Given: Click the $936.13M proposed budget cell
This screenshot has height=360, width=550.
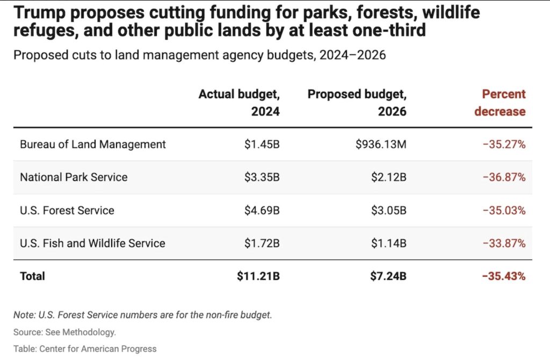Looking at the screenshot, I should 380,144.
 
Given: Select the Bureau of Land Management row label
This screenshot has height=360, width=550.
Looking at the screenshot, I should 93,144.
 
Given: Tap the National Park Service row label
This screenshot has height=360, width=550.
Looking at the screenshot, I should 74,177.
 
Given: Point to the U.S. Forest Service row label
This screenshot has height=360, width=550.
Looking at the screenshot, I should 67,210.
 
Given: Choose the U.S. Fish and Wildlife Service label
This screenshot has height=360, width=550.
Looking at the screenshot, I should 92,243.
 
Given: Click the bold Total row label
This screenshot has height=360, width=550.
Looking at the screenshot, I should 32,276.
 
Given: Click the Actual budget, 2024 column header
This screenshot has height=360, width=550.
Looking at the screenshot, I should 240,103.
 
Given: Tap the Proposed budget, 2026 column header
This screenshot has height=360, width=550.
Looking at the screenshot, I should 357,103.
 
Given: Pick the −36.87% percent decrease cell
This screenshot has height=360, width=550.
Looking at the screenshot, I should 503,177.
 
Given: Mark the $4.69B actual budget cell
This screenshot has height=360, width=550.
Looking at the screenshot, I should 262,210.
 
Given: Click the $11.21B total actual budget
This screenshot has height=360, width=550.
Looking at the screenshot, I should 258,276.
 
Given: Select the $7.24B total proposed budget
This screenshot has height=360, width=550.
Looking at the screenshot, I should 388,276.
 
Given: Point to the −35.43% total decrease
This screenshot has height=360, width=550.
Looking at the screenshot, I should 503,276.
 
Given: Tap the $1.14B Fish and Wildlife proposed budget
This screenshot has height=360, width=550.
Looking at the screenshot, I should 388,243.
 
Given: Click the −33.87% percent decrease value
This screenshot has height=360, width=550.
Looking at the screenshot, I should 503,243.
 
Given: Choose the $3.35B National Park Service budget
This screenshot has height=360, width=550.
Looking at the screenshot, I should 262,177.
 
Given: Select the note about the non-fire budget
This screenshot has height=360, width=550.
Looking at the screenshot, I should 143,315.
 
